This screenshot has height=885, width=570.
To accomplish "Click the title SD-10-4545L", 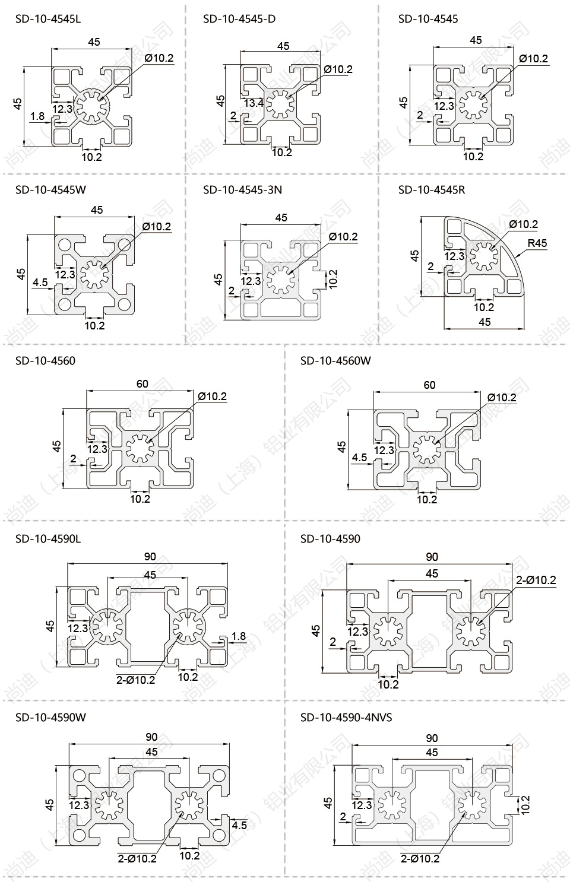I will point(47,18).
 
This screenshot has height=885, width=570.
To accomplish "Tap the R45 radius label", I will point(536,243).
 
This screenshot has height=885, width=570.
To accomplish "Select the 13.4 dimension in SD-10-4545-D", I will point(254,103).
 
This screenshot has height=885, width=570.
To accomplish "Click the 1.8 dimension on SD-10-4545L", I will point(37,116).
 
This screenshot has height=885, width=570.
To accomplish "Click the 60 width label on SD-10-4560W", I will point(429,385).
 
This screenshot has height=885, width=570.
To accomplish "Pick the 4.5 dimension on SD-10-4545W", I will point(40,282).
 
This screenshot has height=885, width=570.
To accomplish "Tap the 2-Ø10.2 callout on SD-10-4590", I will point(536,580).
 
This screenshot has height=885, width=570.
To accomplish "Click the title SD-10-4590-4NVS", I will point(346,717).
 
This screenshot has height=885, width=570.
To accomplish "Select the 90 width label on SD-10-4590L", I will point(150,556).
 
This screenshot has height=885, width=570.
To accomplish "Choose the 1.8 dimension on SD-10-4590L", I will point(238,636).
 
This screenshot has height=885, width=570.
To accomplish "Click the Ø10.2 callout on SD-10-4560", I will point(212,396).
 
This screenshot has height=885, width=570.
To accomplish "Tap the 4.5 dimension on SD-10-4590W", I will point(239,824).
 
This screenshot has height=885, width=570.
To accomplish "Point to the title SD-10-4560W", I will point(335,360).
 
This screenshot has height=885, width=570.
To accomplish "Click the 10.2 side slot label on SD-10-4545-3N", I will point(332,279).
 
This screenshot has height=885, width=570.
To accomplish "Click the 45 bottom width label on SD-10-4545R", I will point(484,322).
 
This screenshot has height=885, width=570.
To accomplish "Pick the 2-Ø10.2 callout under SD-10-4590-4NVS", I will point(420,858).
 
